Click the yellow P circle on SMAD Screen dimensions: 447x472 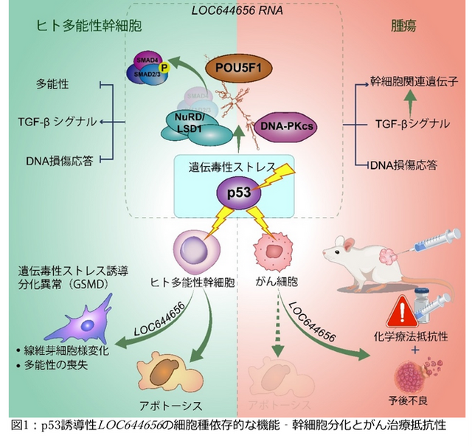pos(164,68)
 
